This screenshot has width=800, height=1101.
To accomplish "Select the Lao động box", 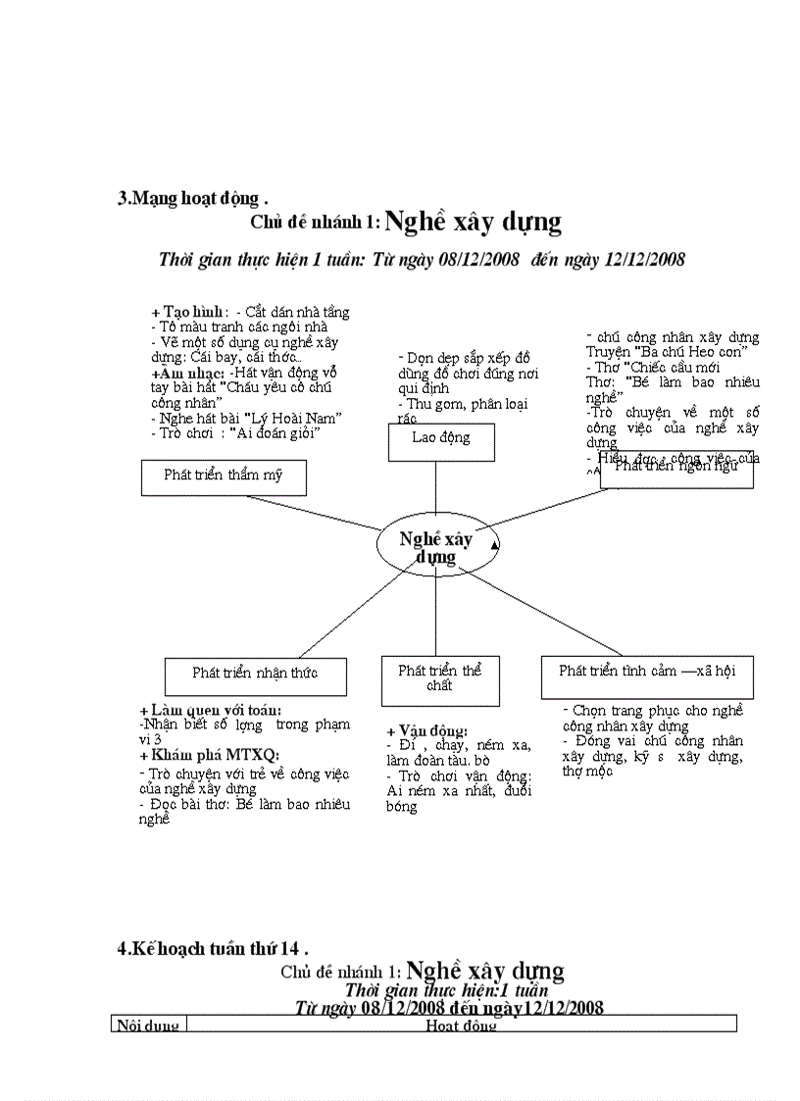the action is pos(441,438).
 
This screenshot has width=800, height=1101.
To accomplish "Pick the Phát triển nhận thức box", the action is pos(255,674).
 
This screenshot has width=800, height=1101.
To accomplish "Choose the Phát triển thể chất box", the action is pos(440,678).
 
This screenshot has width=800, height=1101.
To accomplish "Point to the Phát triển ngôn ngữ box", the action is pos(676,468).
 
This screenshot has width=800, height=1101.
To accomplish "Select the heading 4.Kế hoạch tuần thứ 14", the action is pos(212,948).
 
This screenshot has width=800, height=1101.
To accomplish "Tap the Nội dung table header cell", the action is pos(148,1025).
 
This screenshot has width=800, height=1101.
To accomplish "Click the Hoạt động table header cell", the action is pos(461,1025).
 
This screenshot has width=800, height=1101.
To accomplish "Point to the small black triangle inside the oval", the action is pos(494,544).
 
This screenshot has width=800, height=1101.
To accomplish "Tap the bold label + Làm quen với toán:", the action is pos(210,710).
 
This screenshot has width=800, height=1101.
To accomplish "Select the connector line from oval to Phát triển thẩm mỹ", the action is pos(314,512).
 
